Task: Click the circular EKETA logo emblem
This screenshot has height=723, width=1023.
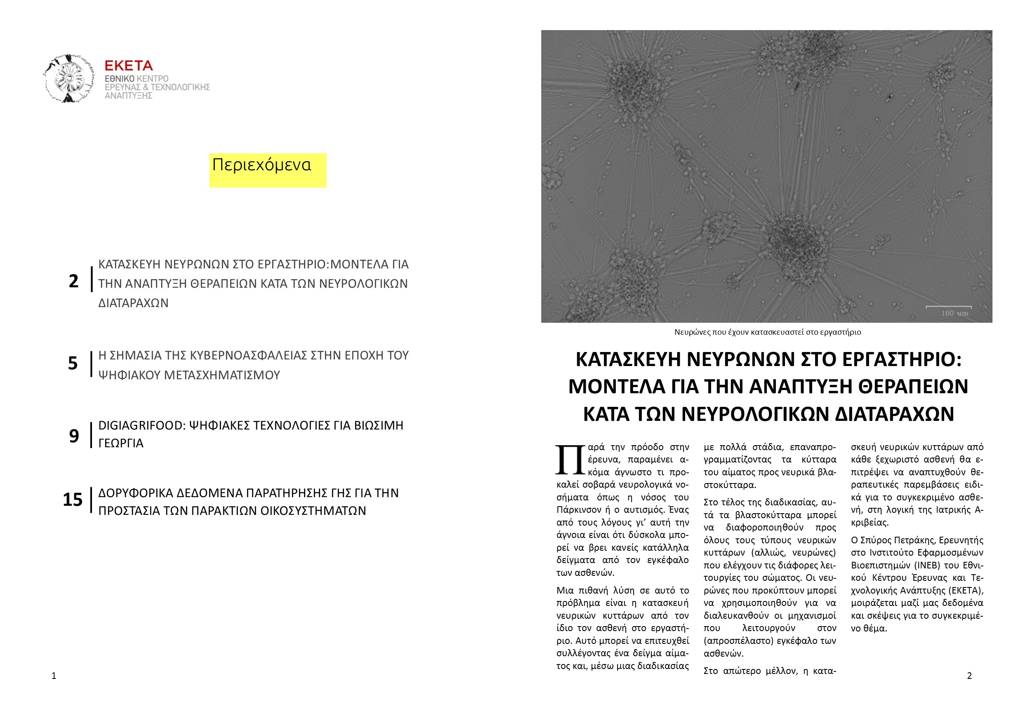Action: coord(68,79)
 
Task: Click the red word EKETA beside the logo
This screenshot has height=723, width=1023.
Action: coord(128,66)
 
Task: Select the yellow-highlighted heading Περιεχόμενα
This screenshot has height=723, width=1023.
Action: coord(262,165)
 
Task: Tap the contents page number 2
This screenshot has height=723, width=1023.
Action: coord(73,282)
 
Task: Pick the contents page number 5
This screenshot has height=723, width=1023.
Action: coord(73,363)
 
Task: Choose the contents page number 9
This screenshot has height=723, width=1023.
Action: coord(73,436)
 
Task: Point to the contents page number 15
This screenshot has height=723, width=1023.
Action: coord(73,500)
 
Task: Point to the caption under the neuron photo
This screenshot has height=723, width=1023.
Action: coord(767,332)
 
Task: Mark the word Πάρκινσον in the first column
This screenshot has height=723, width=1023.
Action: coord(578,510)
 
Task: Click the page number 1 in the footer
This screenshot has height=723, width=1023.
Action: coord(54,676)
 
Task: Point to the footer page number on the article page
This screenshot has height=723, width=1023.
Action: coord(969,676)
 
